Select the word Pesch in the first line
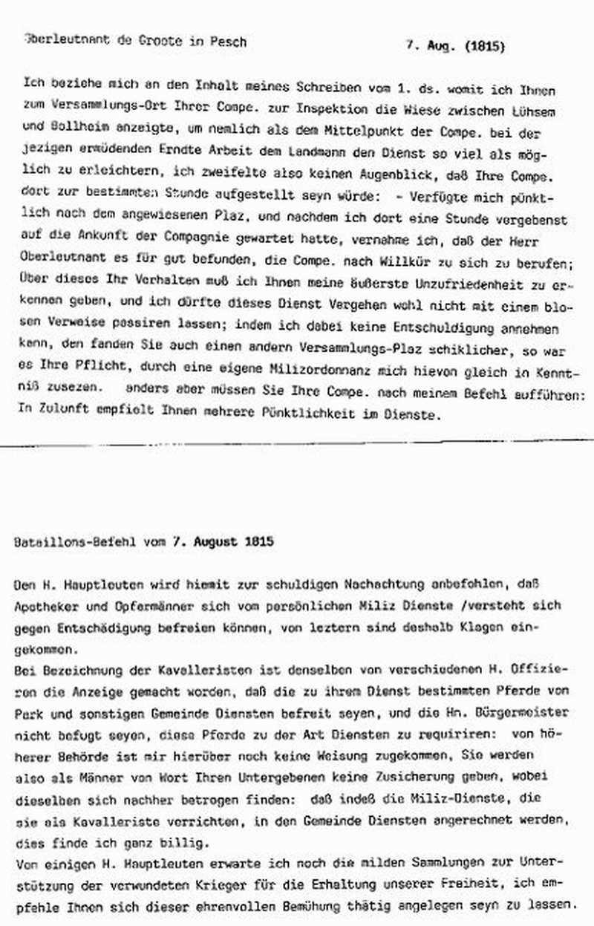point(229,42)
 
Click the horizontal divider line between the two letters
point(297,445)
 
